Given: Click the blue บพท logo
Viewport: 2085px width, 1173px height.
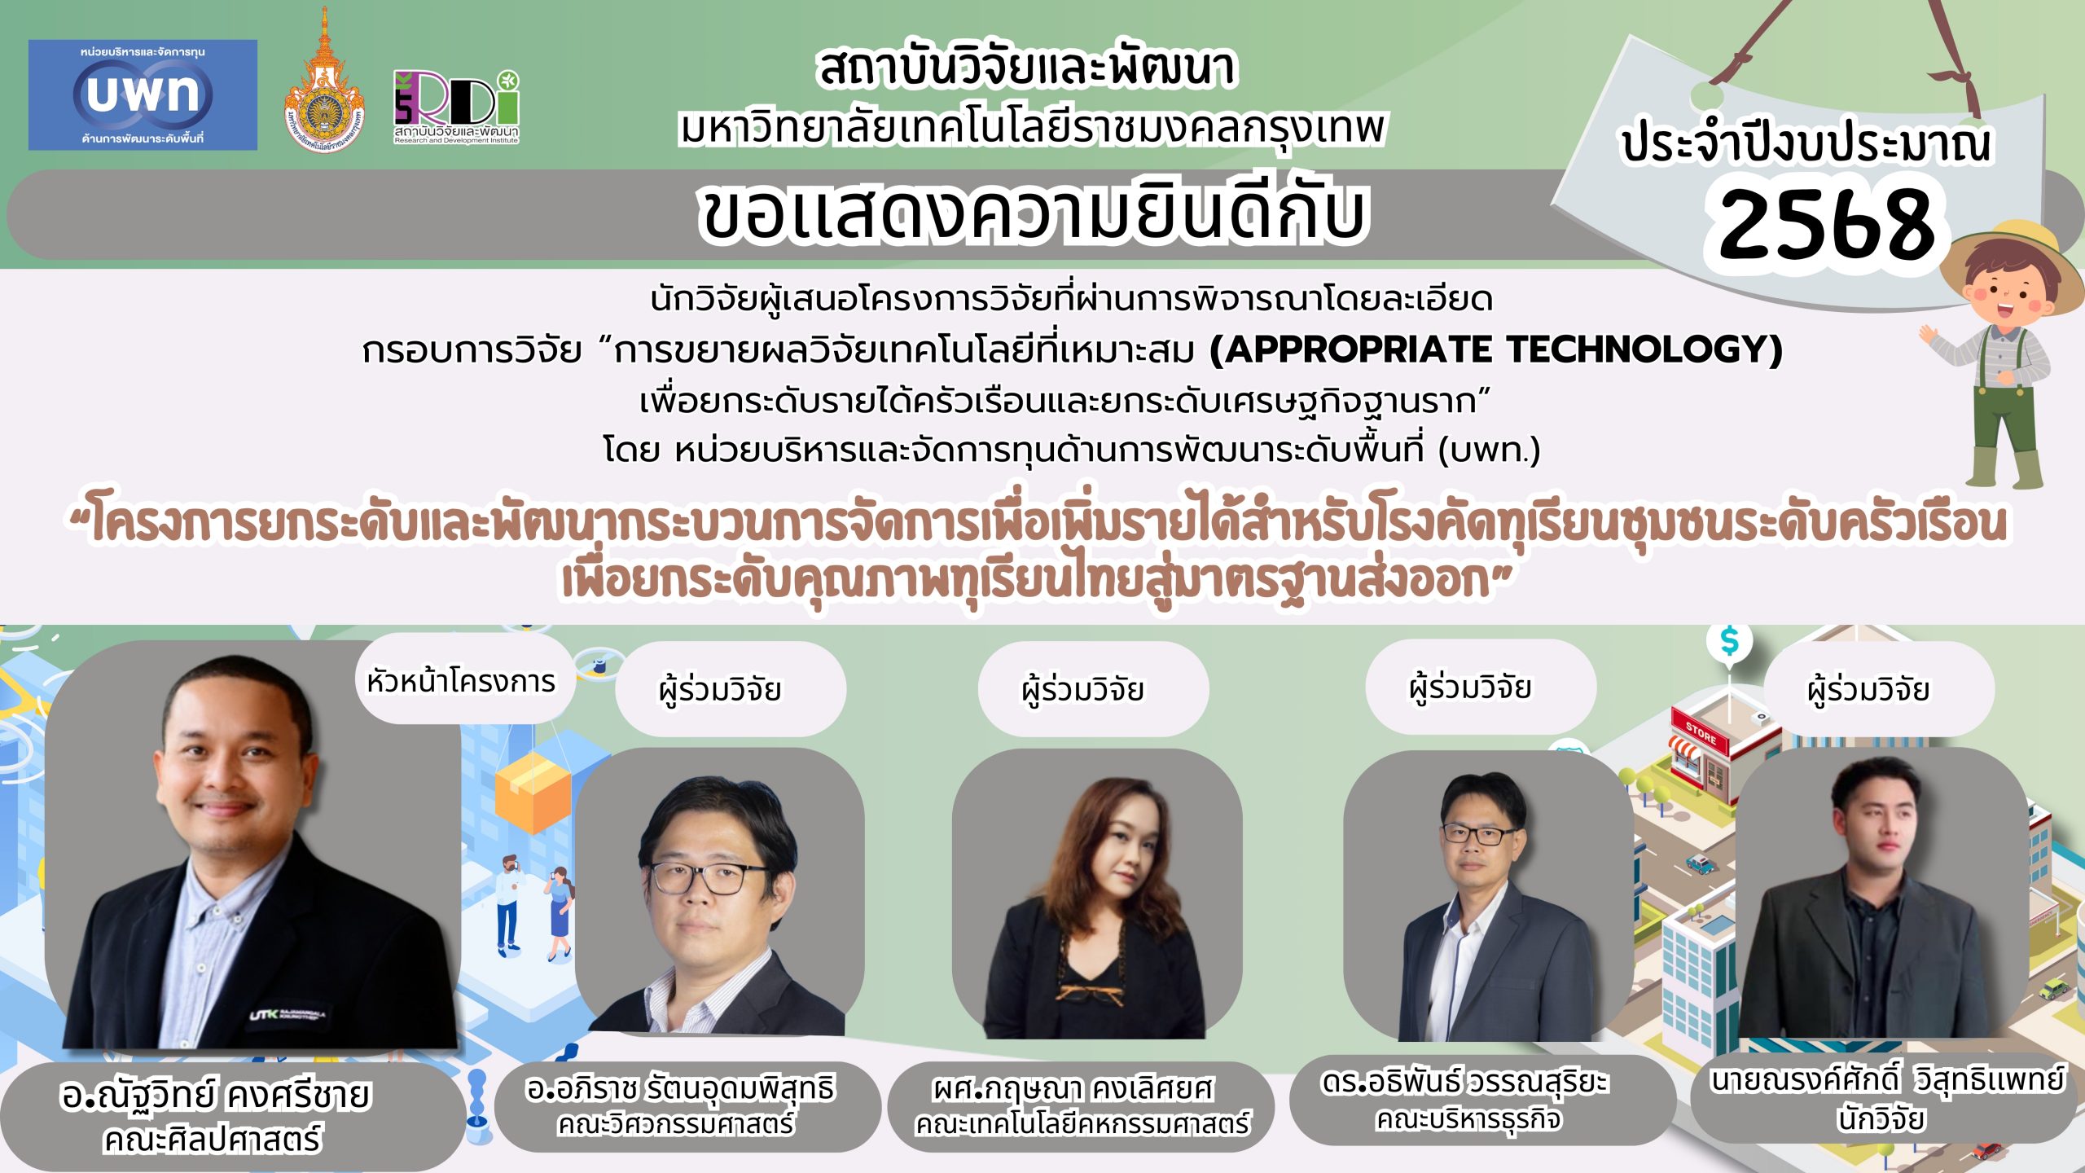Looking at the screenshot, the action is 143,94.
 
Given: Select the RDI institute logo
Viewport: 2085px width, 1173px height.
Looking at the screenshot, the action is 456,107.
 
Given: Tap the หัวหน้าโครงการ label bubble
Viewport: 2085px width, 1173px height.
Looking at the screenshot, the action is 463,681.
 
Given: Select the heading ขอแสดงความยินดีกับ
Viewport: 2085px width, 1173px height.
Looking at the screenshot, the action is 1033,214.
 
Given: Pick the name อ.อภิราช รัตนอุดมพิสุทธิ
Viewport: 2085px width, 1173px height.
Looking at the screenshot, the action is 681,1088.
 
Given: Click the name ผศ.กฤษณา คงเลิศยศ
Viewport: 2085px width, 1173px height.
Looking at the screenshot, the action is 1073,1089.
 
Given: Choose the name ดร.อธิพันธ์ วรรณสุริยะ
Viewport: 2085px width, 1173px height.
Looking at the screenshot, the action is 1464,1082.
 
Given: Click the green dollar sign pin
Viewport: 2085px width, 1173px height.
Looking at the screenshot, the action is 1729,644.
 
